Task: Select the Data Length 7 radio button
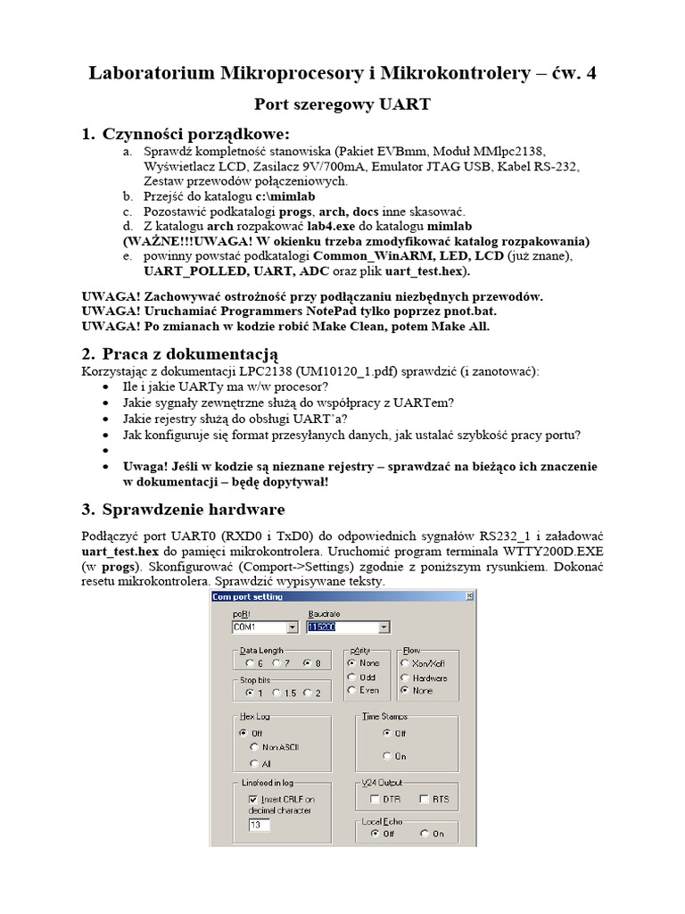[x=277, y=663]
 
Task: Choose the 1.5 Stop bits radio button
[x=276, y=693]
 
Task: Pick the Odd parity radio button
[x=352, y=677]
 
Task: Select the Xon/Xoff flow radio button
[x=406, y=663]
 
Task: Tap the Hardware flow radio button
[x=406, y=677]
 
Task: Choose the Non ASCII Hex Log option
[x=255, y=746]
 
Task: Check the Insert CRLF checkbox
[x=253, y=799]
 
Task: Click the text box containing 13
[x=259, y=826]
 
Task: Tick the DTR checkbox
[x=376, y=799]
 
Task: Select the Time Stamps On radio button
[x=386, y=755]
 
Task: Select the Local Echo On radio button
[x=424, y=834]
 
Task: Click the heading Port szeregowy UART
[x=342, y=104]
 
